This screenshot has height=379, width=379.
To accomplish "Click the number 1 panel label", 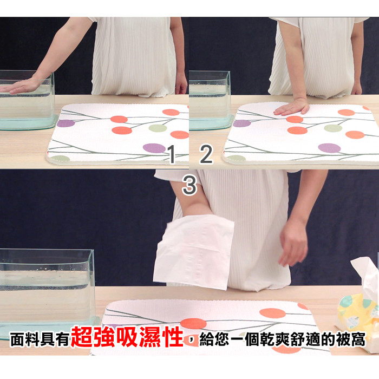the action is click(172, 154).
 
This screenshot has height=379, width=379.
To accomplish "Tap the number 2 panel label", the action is click(206, 154).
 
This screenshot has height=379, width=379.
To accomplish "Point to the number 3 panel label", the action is click(190, 185).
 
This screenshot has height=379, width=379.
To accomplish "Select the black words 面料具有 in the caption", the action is click(40, 339).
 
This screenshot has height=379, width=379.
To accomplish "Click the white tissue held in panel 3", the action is click(194, 251).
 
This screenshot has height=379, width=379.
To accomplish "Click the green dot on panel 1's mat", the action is click(158, 128).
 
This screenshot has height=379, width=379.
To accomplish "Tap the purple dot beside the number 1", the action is click(154, 148).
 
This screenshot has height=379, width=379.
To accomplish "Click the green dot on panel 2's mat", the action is click(333, 128).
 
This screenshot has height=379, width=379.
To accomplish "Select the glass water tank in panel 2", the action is click(210, 100).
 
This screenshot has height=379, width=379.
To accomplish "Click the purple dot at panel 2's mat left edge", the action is click(242, 123).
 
